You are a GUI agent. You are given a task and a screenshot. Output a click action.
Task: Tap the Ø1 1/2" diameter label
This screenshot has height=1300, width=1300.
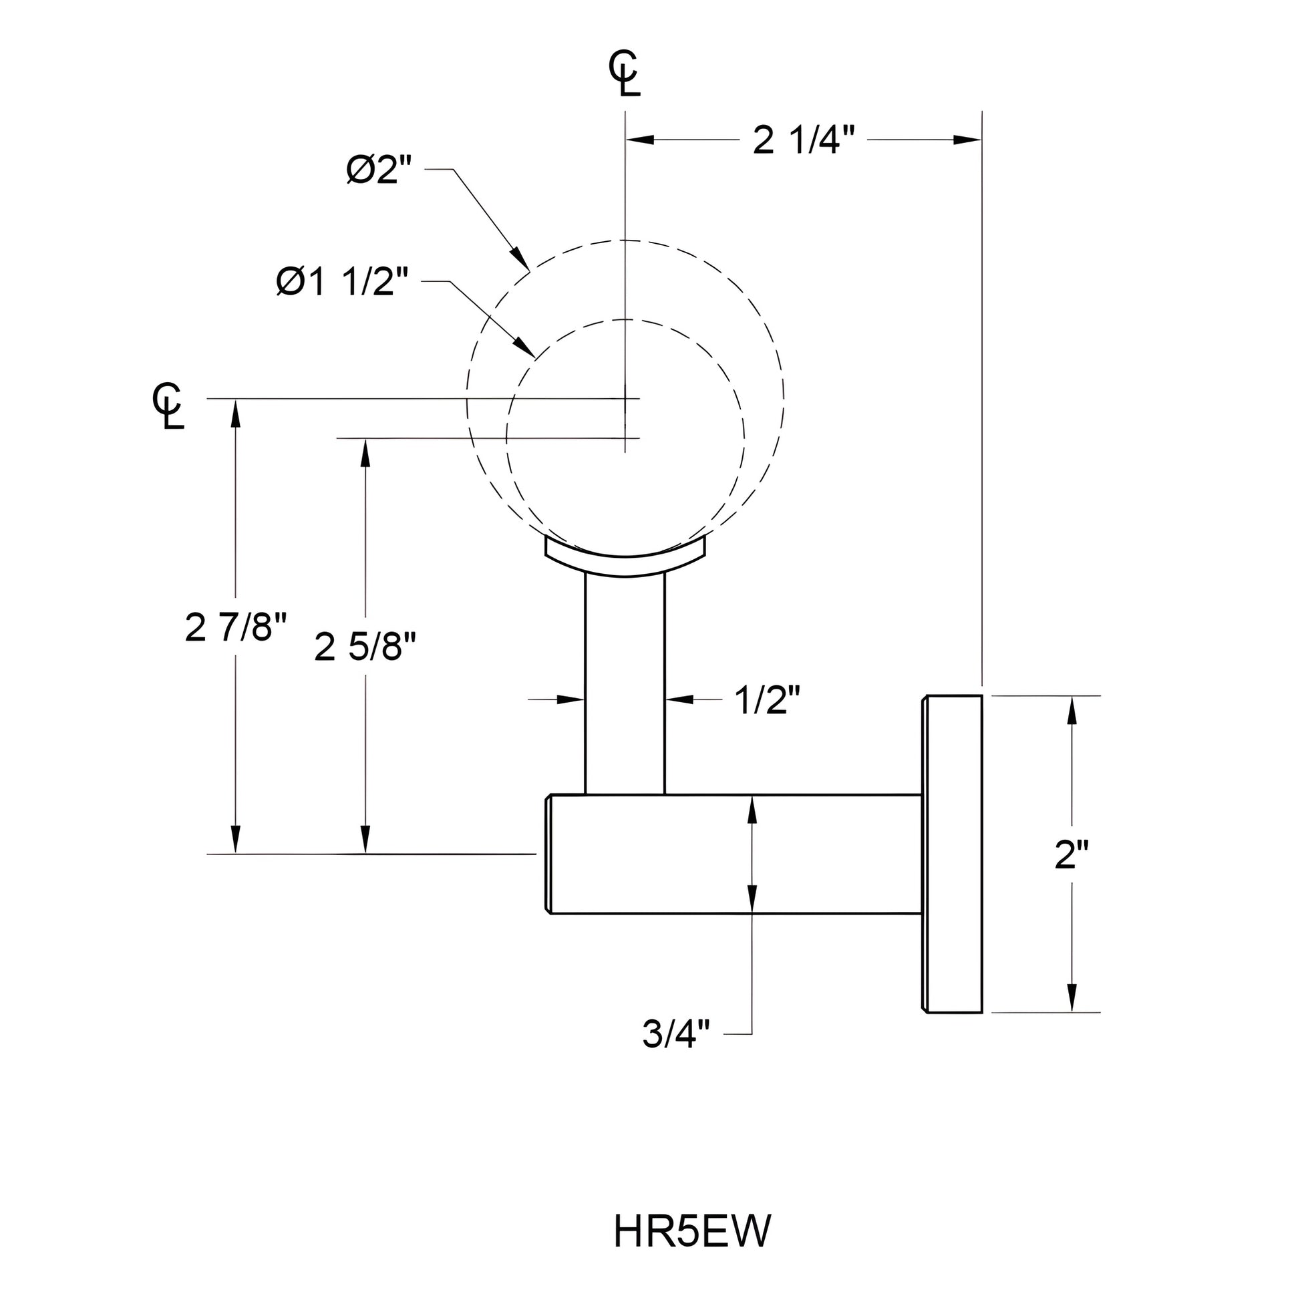(343, 282)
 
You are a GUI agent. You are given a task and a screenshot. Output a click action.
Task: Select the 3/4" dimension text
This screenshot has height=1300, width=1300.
(676, 1033)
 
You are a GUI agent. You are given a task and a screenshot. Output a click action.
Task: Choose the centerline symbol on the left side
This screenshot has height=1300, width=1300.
(168, 406)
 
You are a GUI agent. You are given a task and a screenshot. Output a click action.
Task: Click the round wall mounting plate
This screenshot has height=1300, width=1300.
(952, 854)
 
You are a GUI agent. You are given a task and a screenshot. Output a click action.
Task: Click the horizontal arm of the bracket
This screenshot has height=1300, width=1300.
(734, 854)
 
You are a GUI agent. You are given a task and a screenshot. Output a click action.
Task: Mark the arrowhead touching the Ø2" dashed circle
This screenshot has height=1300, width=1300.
(520, 257)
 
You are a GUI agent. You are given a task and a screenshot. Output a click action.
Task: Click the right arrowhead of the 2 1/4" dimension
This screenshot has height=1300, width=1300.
(967, 140)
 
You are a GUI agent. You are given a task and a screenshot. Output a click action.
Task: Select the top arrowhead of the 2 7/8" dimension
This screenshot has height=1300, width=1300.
(236, 412)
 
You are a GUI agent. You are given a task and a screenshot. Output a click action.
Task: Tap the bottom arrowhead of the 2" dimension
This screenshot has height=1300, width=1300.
(1072, 998)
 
